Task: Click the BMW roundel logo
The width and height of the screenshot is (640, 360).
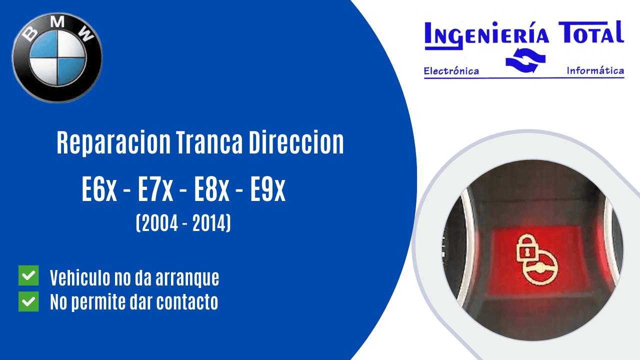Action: click(57, 57)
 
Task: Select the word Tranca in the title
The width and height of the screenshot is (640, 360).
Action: click(209, 143)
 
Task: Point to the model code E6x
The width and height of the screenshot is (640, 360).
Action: click(99, 191)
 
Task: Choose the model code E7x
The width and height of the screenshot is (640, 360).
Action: click(155, 191)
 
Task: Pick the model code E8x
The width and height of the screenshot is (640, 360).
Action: click(212, 191)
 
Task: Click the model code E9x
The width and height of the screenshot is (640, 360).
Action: click(268, 191)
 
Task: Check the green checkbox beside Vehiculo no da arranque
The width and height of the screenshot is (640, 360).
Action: click(28, 276)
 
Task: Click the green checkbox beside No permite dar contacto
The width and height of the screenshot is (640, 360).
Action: click(28, 301)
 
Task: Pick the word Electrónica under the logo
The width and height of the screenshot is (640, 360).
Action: click(451, 71)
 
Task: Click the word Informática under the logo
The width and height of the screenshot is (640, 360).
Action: click(595, 71)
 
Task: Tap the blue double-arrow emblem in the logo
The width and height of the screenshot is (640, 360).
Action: click(524, 61)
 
